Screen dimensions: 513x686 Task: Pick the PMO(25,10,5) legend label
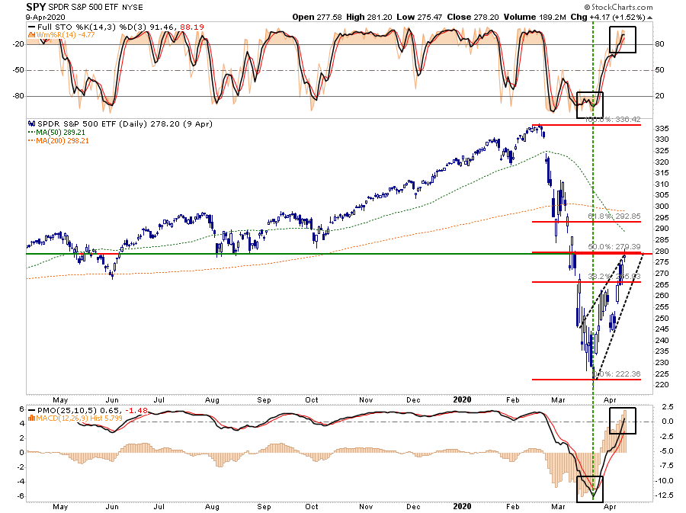tap(58, 413)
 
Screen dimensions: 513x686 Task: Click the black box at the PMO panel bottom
tap(590, 488)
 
